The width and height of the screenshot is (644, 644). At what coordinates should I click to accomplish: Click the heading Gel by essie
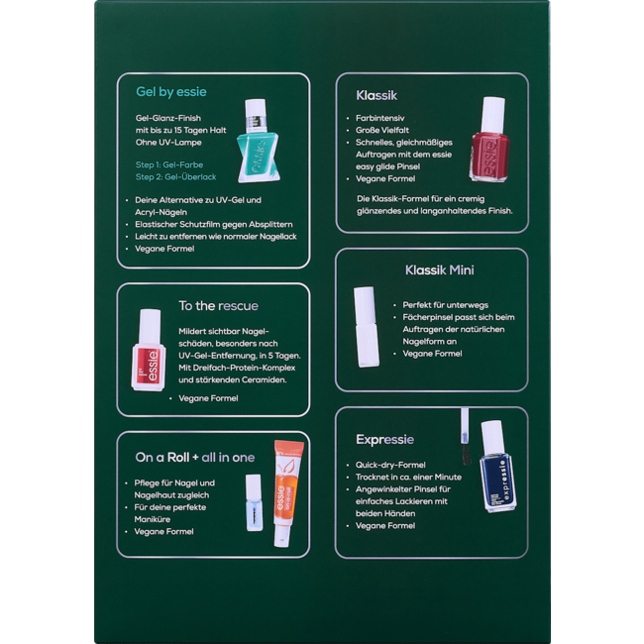pyautogui.click(x=171, y=92)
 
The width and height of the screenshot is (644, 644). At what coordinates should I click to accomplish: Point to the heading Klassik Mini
pyautogui.click(x=439, y=269)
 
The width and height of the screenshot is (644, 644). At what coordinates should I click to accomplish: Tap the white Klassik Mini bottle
pyautogui.click(x=366, y=327)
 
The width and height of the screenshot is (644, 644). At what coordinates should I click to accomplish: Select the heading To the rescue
pyautogui.click(x=218, y=305)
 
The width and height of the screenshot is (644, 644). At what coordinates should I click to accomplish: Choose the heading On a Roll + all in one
pyautogui.click(x=195, y=457)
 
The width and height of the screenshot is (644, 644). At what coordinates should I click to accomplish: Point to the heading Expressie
pyautogui.click(x=384, y=439)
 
